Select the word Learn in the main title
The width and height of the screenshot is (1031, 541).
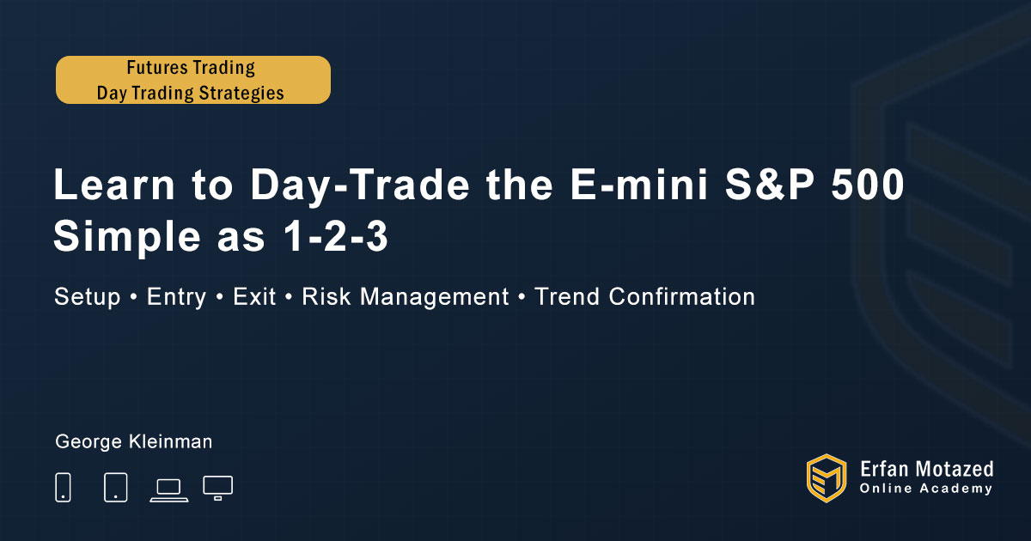114,184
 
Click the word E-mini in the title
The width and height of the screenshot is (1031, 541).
639,184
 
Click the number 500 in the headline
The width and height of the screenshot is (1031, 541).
868,184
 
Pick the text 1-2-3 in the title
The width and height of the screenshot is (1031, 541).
336,236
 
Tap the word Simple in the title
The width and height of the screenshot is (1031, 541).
127,237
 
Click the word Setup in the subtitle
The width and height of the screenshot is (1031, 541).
88,297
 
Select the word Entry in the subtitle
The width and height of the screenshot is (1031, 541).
177,297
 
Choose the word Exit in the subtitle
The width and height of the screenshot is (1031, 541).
254,296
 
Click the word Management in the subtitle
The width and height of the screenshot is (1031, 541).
435,297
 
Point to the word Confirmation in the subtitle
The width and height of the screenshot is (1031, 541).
682,296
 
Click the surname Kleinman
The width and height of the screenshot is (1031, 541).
170,441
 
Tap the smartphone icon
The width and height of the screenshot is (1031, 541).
63,487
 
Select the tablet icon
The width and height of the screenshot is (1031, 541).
115,487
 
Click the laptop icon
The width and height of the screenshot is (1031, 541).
169,490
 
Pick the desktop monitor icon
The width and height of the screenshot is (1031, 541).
217,488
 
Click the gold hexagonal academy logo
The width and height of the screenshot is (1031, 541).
827,478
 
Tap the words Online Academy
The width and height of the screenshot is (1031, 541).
926,489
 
